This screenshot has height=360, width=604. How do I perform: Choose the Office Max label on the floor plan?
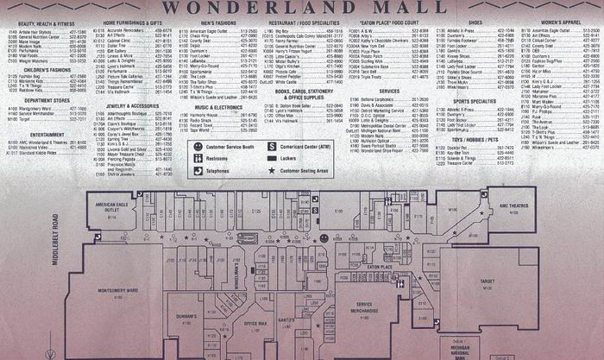pos(255,324)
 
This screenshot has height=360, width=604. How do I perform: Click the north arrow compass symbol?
pos(52,353)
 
